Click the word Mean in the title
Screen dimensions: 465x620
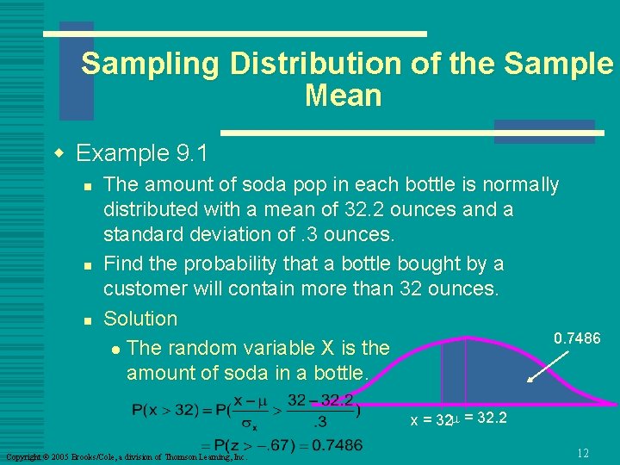click(343, 96)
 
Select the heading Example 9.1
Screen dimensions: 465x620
click(142, 153)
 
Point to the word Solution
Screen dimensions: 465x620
click(140, 319)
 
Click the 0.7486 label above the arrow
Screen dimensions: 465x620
click(577, 338)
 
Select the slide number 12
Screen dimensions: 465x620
click(583, 453)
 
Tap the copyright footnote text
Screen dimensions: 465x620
click(126, 456)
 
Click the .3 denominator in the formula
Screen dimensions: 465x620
click(319, 422)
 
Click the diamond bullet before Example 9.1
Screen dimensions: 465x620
click(59, 154)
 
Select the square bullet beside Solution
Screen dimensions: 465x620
click(84, 320)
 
